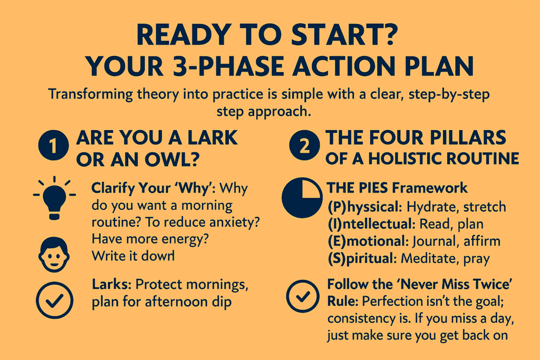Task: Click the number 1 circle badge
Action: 53,145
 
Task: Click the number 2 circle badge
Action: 304,145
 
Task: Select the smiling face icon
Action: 54,255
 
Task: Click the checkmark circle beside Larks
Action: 54,300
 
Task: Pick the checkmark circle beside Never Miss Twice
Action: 303,296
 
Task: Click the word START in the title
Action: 344,35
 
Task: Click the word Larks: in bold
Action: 112,284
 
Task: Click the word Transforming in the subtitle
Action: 91,94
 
